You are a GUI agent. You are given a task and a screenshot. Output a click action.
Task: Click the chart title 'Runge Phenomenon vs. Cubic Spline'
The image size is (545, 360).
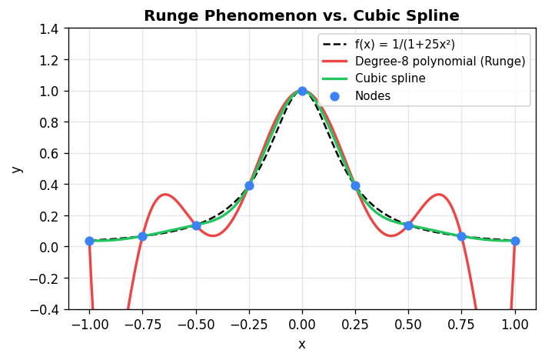click(302, 15)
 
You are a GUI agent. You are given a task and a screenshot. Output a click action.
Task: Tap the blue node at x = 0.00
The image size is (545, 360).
click(302, 91)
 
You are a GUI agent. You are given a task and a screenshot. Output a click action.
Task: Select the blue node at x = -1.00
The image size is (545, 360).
click(89, 241)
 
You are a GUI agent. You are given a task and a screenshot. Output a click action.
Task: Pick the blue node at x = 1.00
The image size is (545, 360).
click(515, 241)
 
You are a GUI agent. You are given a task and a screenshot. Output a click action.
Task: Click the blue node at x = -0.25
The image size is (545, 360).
click(249, 185)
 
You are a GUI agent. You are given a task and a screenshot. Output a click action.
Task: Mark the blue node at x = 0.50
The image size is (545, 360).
click(408, 225)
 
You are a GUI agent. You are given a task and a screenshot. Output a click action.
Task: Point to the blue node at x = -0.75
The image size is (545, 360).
click(142, 236)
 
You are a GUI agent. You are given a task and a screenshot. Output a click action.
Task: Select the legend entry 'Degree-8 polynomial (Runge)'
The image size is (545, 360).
click(440, 61)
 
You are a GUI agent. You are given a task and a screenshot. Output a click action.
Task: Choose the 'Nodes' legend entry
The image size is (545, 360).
click(372, 96)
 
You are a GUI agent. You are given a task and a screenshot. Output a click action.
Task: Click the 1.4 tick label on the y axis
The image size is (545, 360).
click(49, 29)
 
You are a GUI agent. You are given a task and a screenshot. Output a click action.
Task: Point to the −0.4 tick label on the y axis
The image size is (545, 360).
click(45, 310)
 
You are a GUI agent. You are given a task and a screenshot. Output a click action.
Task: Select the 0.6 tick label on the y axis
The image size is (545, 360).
click(49, 154)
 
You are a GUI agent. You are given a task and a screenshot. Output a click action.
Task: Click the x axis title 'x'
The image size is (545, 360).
click(302, 344)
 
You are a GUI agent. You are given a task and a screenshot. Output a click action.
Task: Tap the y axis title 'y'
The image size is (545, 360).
click(18, 169)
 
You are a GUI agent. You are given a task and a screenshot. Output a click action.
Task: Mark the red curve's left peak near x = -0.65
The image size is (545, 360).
click(164, 195)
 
